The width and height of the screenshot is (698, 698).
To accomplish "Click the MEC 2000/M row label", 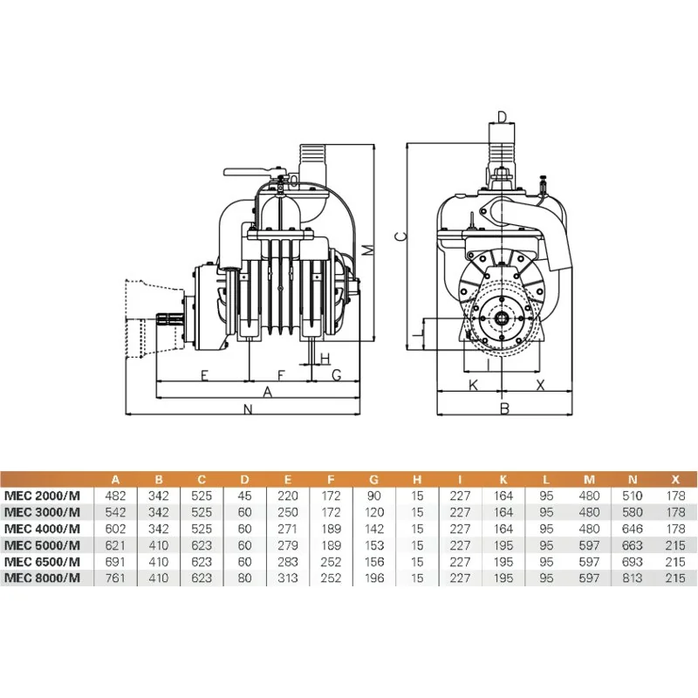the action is click(x=42, y=496).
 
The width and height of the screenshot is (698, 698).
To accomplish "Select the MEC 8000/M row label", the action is click(x=42, y=578).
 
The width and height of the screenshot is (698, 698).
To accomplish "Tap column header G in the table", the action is click(x=374, y=479).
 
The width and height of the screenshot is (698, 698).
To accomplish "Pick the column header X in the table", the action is click(x=675, y=479).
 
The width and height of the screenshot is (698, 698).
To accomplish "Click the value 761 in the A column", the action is click(x=115, y=578).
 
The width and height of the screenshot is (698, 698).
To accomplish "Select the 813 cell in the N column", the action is click(x=633, y=578).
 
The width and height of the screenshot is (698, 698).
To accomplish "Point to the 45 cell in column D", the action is click(x=245, y=496).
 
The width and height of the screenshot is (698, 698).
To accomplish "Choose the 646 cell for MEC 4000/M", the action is click(x=633, y=529).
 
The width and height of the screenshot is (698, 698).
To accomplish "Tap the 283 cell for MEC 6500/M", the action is click(x=288, y=562).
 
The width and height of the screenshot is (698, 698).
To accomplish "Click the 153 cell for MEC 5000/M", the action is click(x=374, y=545).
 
